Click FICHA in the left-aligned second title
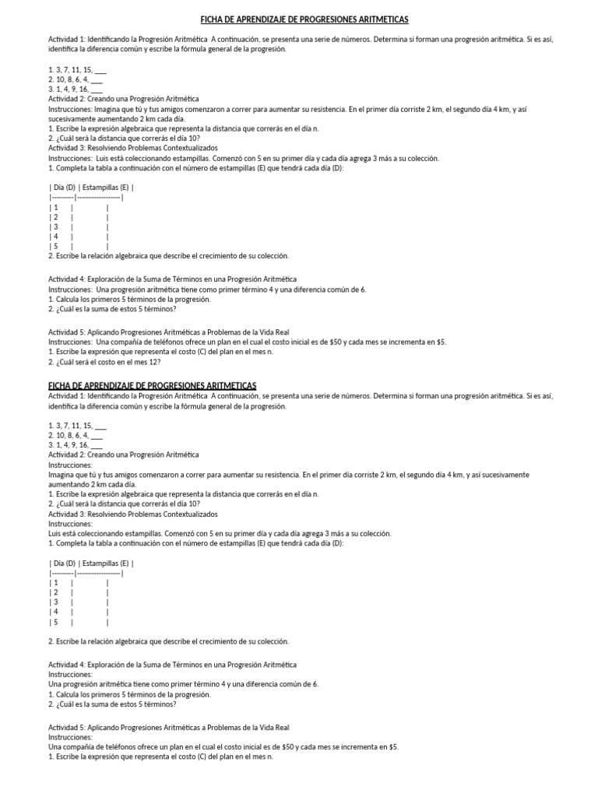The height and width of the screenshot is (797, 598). point(59,385)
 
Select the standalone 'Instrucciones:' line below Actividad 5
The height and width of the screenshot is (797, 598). point(70,736)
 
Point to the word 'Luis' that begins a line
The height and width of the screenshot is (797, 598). point(55,533)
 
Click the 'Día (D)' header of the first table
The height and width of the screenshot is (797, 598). point(63,187)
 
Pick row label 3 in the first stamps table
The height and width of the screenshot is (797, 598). point(55,226)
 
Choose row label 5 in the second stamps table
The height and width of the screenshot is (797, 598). point(55,622)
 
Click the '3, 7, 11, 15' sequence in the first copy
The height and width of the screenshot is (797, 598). point(74,69)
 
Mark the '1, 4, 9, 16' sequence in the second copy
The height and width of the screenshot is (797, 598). point(72,444)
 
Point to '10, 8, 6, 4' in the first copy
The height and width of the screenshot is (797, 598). point(72,79)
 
